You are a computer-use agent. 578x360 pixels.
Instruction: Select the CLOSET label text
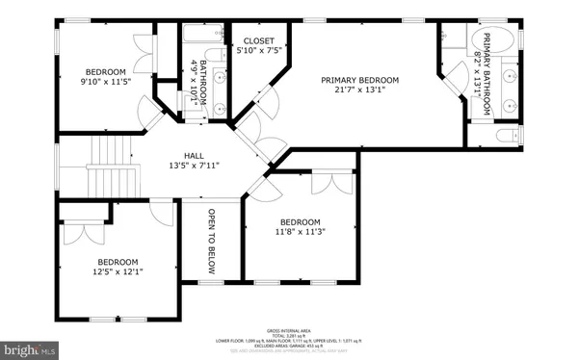pyautogui.click(x=259, y=41)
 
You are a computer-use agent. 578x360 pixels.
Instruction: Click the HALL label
pyautogui.click(x=195, y=154)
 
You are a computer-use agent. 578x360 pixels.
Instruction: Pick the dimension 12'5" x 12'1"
pyautogui.click(x=117, y=272)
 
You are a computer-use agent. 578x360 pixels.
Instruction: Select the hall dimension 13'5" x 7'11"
pyautogui.click(x=195, y=166)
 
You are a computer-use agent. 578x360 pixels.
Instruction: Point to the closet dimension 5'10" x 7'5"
pyautogui.click(x=259, y=52)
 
